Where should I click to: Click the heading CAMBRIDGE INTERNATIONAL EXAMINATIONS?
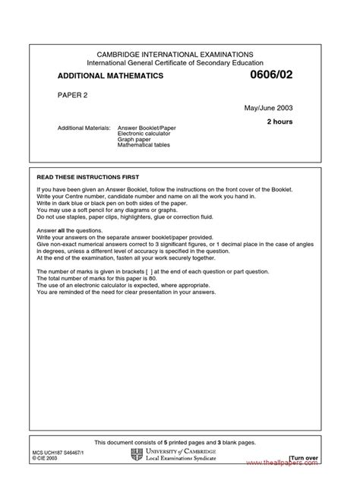(x=180, y=53)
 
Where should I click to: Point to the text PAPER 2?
(x=72, y=96)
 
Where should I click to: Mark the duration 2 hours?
(x=279, y=122)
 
